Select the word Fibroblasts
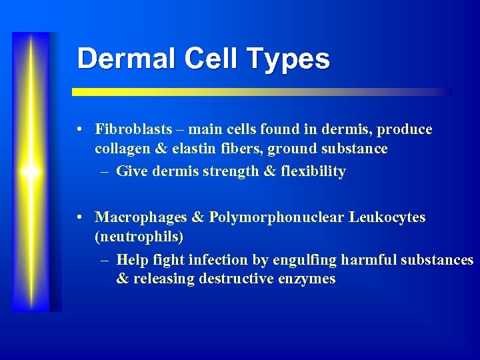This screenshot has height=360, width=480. [x=133, y=129]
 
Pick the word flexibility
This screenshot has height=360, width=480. [x=313, y=171]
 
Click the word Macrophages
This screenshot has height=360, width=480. [x=142, y=217]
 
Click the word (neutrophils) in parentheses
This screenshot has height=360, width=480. [x=139, y=237]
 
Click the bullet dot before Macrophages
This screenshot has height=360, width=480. [x=79, y=217]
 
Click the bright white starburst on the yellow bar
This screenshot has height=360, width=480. [x=31, y=171]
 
